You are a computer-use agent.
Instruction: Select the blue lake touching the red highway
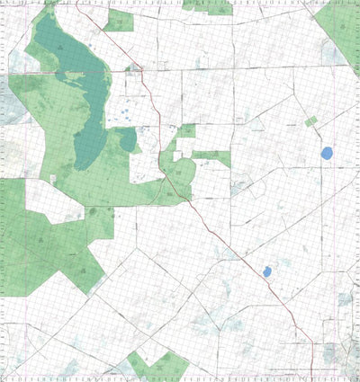pyautogui.click(x=267, y=271)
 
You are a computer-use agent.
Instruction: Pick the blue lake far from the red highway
pyautogui.click(x=328, y=154)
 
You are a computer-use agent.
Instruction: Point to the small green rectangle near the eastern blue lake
pyautogui.click(x=311, y=120)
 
